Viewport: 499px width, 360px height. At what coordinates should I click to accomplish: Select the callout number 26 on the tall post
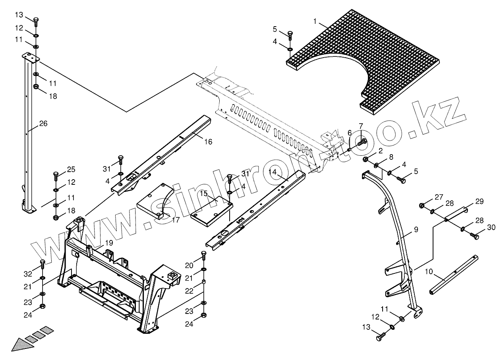[x=43, y=124]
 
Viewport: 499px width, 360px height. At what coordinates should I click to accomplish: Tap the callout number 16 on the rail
[x=208, y=141]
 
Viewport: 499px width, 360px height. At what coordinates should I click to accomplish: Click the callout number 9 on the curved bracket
[x=416, y=229]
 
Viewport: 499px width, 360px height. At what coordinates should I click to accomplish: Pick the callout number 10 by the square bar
[x=429, y=272]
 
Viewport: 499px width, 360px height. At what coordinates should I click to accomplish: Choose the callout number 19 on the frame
[x=109, y=243]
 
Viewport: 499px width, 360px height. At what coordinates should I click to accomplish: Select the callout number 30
[x=491, y=227]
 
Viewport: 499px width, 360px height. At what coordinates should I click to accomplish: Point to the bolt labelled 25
[x=56, y=174]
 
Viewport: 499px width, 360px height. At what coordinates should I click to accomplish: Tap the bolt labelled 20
[x=204, y=255]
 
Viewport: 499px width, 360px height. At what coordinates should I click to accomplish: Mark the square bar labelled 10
[x=453, y=274]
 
